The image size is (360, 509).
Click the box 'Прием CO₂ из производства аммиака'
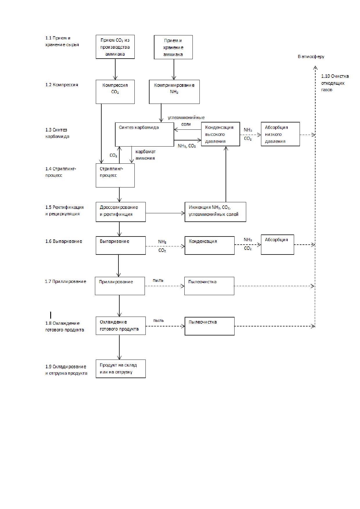(115, 47)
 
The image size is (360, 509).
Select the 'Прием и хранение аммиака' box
(173, 47)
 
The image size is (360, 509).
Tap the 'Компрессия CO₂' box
(115, 92)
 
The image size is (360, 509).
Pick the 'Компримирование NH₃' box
(174, 92)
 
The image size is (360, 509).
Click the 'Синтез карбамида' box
(145, 134)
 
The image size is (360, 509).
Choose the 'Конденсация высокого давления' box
(221, 134)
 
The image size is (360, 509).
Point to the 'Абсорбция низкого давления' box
(280, 134)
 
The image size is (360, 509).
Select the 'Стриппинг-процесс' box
(115, 176)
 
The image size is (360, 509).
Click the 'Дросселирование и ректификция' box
(121, 212)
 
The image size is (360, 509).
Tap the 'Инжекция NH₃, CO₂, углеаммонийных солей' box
(215, 212)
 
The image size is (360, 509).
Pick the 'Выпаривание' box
(121, 246)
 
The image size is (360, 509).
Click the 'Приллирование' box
(120, 286)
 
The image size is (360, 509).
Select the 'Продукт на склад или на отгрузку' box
(121, 369)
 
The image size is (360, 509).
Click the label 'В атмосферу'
(311, 57)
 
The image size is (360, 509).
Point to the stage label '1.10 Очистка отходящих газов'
(335, 83)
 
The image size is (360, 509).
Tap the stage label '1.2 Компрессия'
(62, 85)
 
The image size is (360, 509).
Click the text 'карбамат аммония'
(145, 155)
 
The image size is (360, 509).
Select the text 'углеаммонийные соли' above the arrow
(186, 121)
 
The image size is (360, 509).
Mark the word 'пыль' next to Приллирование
(158, 280)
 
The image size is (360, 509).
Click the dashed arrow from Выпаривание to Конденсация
(165, 246)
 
